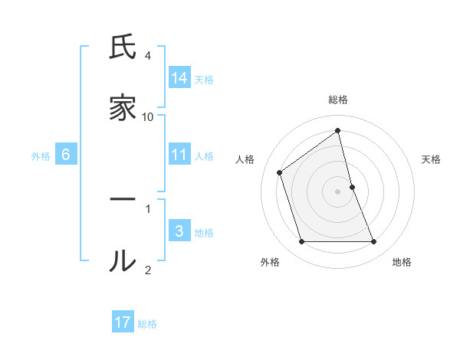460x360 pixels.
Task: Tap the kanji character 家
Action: coord(123,109)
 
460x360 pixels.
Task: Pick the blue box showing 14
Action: coord(179,78)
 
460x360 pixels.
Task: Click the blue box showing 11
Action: coord(179,155)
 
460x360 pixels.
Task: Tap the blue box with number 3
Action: coord(179,231)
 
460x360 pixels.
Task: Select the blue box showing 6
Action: coord(66,155)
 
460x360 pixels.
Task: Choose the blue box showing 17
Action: coord(123,322)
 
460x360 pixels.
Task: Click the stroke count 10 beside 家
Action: coord(148,116)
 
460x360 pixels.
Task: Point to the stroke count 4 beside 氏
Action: coord(148,56)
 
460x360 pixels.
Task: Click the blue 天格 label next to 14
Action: coord(204,79)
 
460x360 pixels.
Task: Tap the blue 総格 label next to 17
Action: coord(147,324)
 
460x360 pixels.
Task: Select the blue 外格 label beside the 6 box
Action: coord(41,156)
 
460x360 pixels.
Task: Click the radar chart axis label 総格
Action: coord(338,100)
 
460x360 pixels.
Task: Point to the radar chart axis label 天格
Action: coord(432,159)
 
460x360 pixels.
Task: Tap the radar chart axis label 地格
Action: coord(402,262)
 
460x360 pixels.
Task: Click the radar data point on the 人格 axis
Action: coord(280,172)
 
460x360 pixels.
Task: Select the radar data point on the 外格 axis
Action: coord(301,242)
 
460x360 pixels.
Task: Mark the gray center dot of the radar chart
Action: coord(338,191)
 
